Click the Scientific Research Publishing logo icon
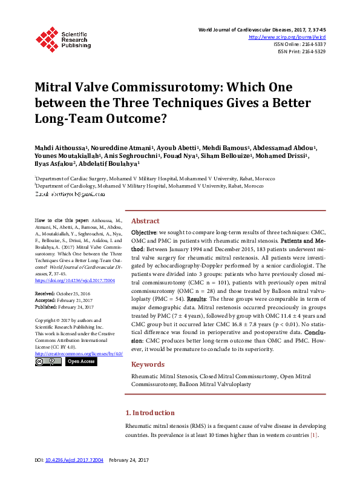coord(46,38)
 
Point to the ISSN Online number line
coord(300,44)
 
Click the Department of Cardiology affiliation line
coord(149,186)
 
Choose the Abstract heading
coord(145,222)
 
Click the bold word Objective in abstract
coord(144,232)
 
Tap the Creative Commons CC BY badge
coord(48,361)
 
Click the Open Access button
coord(80,361)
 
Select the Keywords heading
coord(148,364)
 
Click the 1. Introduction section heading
coord(149,413)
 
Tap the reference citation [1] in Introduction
coord(314,435)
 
